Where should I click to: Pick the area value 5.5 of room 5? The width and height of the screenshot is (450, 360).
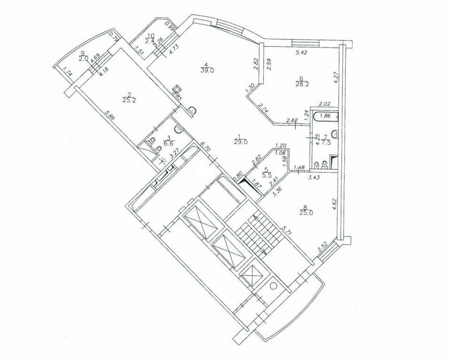tap(266, 175)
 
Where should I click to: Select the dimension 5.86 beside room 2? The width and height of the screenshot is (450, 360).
tap(109, 118)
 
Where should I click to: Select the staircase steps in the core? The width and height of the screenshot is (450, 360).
tap(254, 233)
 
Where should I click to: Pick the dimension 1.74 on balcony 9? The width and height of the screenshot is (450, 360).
tap(67, 73)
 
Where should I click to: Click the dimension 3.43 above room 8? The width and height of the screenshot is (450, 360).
tap(313, 177)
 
